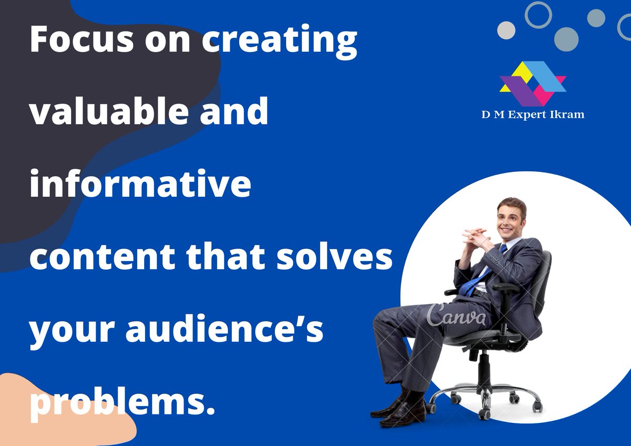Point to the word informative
pos(140,184)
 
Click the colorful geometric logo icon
pos(532,83)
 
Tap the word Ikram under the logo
pos(565,114)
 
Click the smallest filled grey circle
pos(596,18)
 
